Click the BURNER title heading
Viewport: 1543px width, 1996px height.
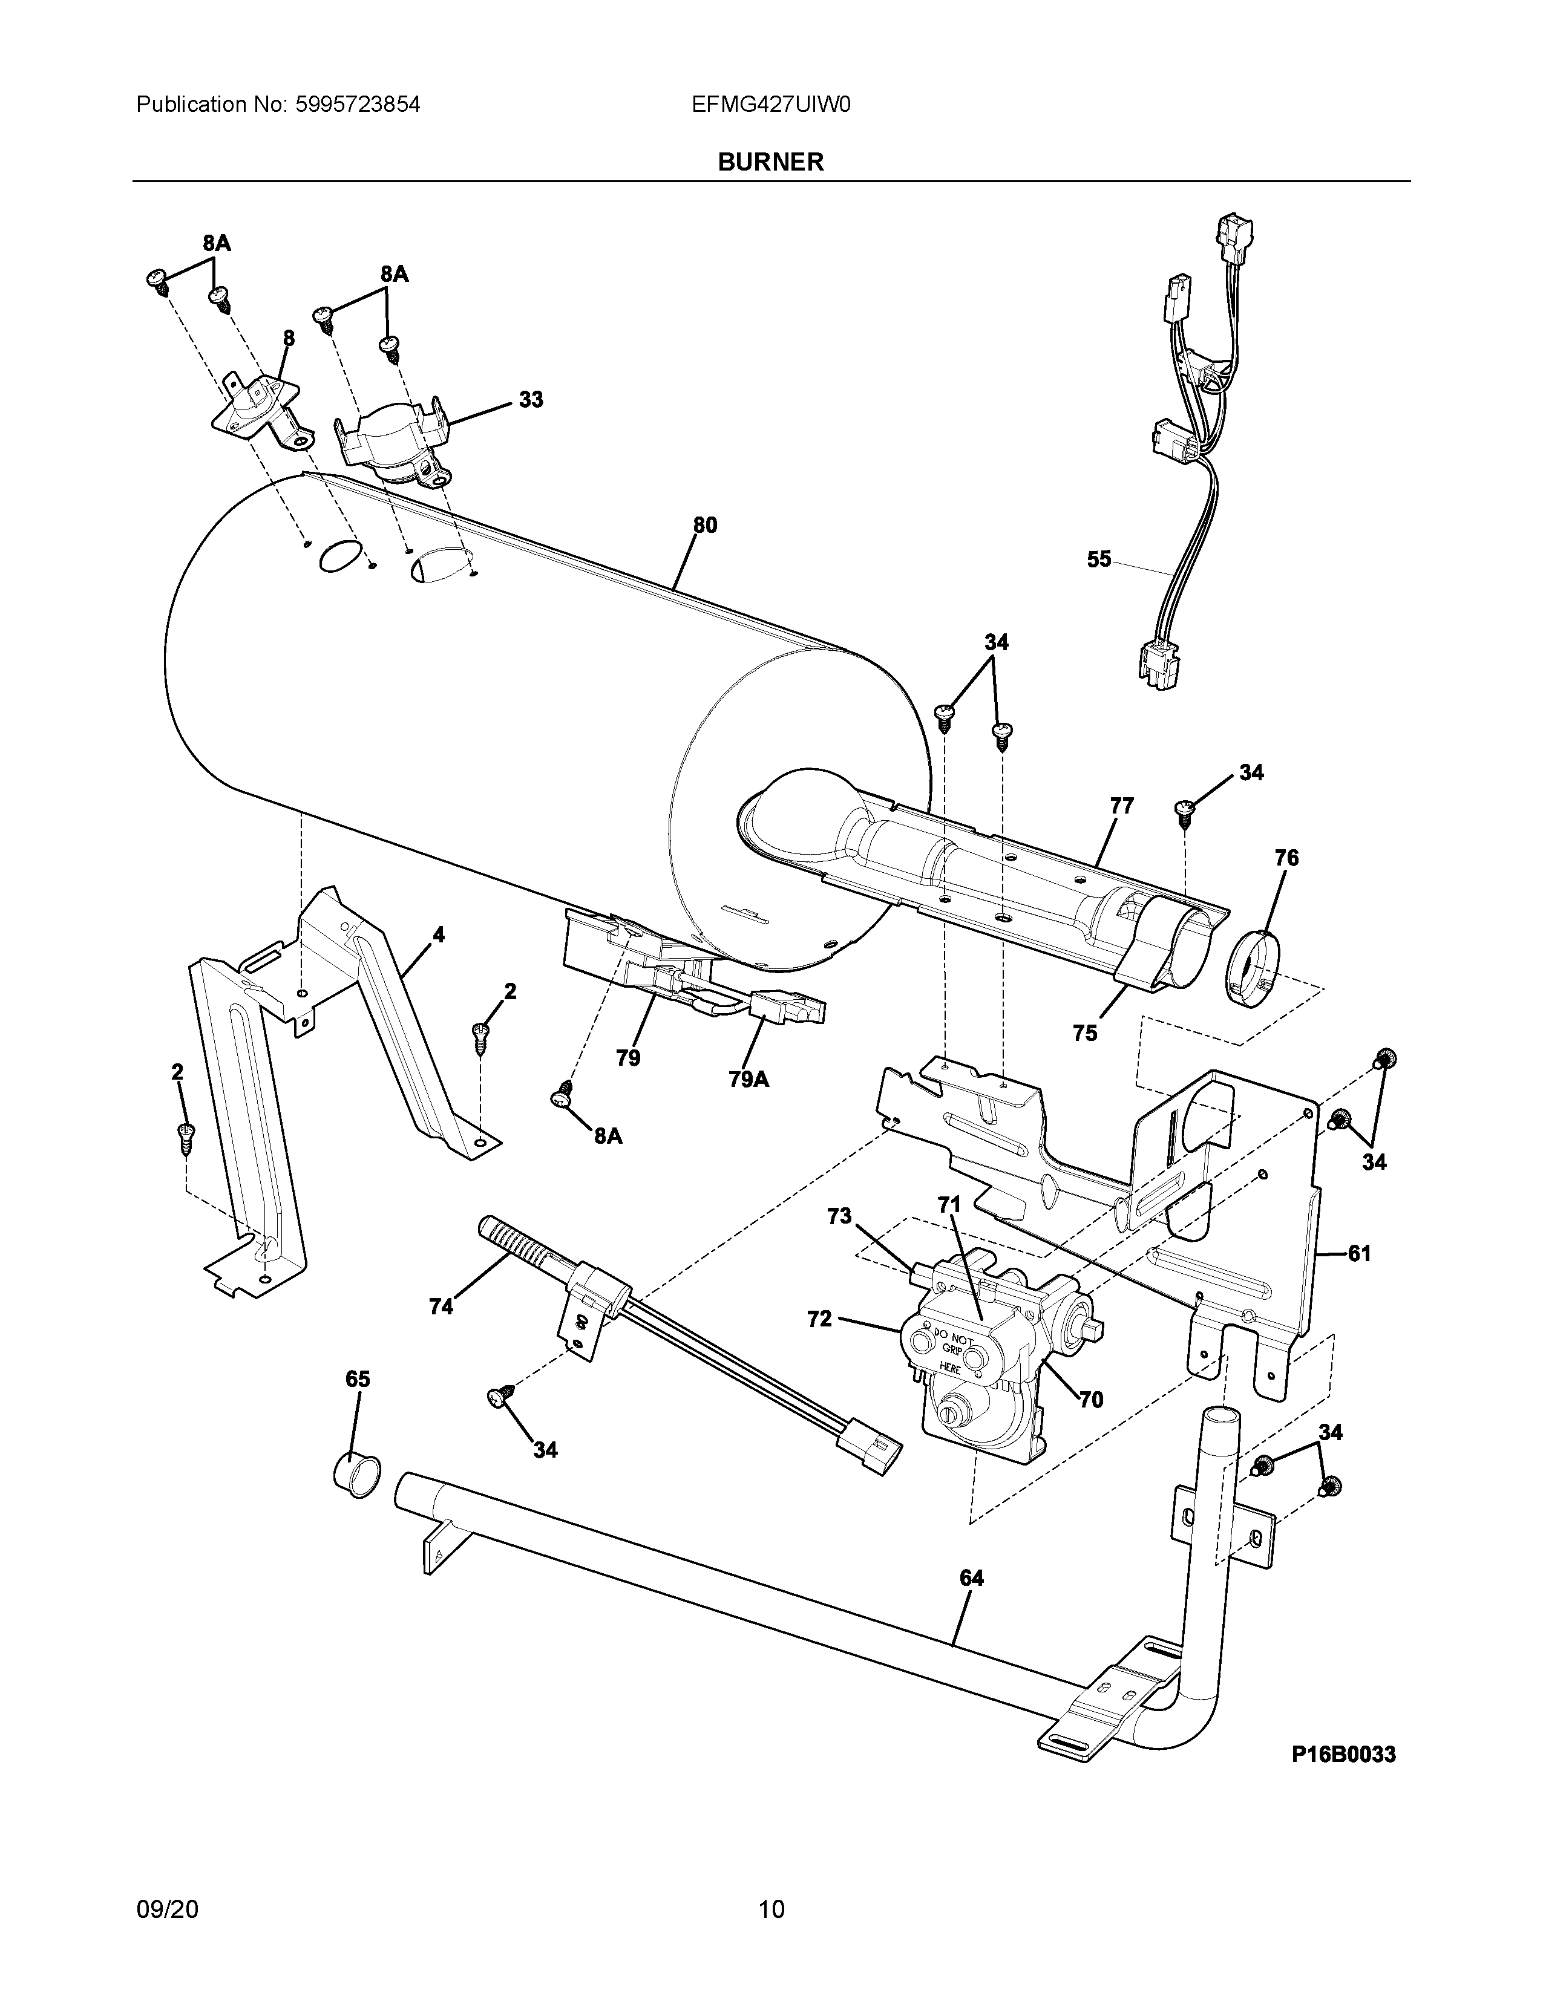(x=770, y=161)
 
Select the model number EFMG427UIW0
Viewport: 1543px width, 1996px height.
(x=771, y=105)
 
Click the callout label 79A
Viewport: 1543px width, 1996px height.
(x=749, y=1079)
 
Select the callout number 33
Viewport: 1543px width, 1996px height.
(x=531, y=399)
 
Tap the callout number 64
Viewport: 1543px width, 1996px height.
(x=972, y=1577)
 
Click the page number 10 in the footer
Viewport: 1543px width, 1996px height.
(x=771, y=1902)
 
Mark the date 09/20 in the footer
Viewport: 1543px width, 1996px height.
(x=166, y=1902)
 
